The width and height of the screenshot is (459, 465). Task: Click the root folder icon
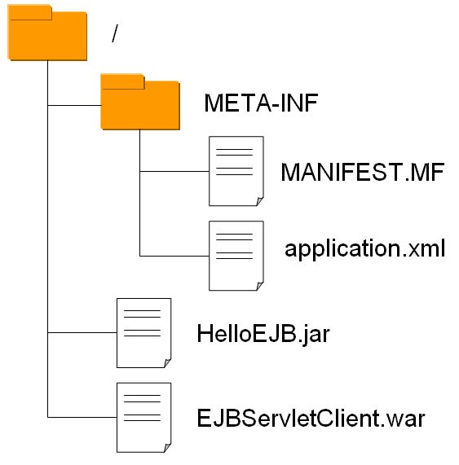coord(47,33)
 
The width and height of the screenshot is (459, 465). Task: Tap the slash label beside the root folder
coord(115,33)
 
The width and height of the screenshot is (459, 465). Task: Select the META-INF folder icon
coord(140,102)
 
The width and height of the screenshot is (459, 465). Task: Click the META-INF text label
coord(261,103)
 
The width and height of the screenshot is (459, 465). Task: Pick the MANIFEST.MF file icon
coord(236,171)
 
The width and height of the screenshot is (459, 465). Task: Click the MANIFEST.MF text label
coord(362,172)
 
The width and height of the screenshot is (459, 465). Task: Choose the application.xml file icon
coord(236,256)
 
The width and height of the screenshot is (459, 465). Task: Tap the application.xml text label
coord(365,248)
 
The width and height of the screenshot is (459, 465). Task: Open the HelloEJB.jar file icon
coord(144,333)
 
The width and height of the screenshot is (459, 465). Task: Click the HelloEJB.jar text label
coord(263,334)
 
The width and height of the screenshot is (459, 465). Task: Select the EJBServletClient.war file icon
coord(144,418)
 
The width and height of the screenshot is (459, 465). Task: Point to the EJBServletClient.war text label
coord(311,419)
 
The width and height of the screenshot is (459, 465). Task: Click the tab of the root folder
coord(30,12)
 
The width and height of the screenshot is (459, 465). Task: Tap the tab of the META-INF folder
coord(122,81)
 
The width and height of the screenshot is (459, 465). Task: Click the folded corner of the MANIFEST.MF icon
coord(260,201)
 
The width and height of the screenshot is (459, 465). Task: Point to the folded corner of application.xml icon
coord(260,286)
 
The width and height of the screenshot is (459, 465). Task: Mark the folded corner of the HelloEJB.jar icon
coord(168,363)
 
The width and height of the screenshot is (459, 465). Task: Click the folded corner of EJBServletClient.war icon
coord(168,448)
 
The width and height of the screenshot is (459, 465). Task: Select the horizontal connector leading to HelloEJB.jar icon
coord(82,333)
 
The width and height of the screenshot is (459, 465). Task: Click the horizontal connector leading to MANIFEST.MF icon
coord(174,171)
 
